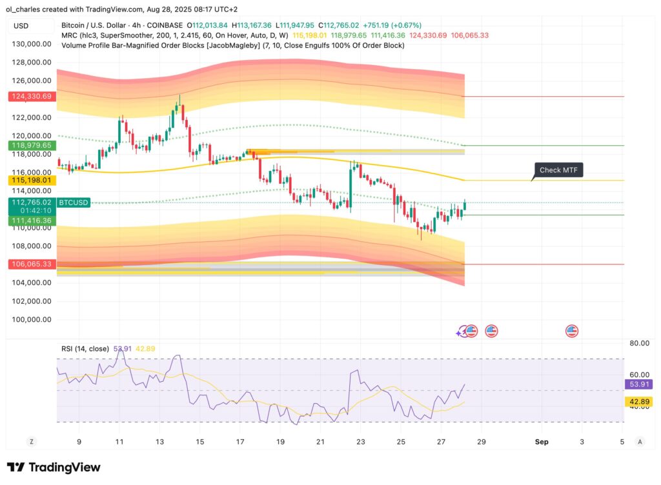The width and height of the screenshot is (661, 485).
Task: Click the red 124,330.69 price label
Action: (31, 96)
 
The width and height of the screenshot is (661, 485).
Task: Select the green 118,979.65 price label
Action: (31, 146)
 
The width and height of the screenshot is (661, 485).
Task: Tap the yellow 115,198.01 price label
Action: (31, 180)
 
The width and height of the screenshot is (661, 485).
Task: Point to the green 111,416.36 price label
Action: (31, 221)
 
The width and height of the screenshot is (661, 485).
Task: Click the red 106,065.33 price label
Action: (31, 264)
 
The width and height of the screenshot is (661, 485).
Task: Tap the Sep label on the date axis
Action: (541, 442)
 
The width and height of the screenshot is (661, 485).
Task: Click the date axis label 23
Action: (360, 442)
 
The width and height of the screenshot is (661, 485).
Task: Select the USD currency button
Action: (21, 26)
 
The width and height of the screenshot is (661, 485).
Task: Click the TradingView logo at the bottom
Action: (54, 468)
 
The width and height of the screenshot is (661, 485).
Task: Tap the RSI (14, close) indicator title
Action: (85, 349)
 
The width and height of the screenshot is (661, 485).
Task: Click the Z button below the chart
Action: (30, 442)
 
